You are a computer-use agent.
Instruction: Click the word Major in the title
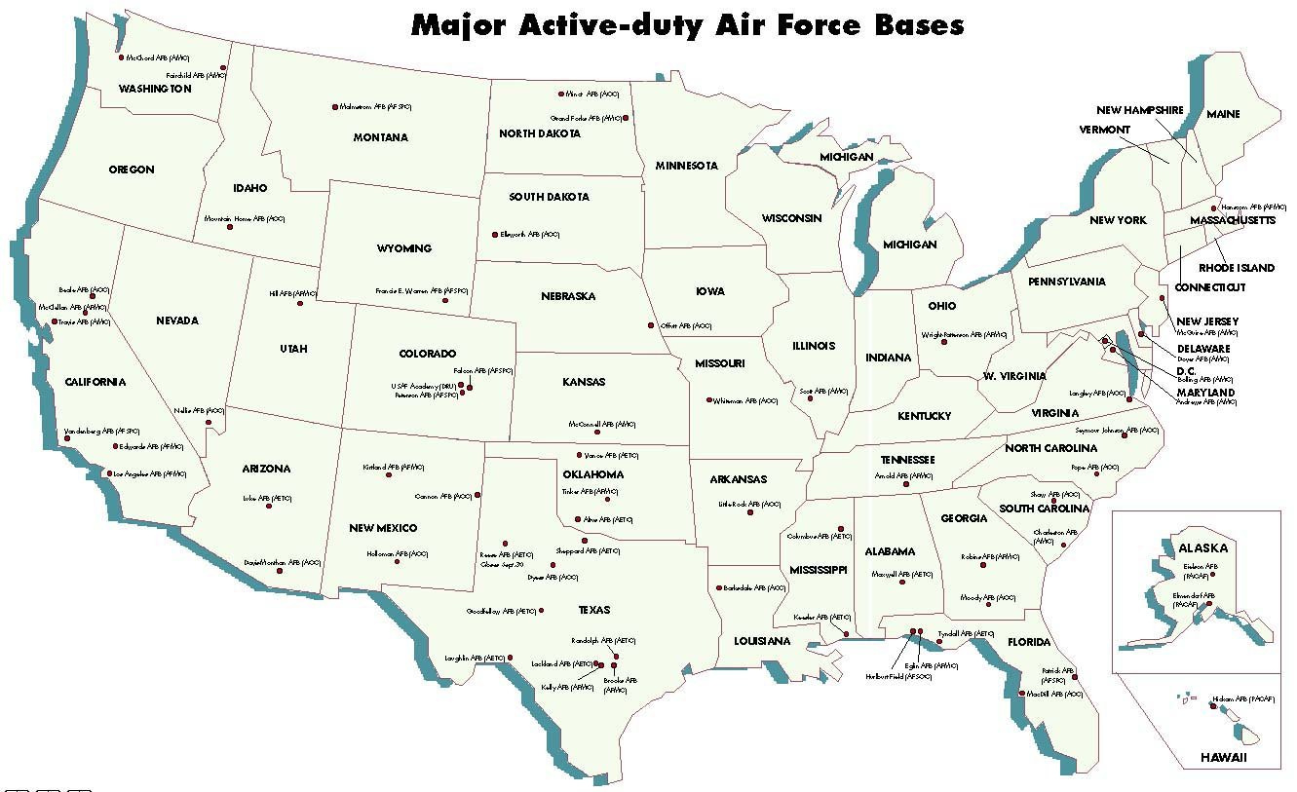[460, 23]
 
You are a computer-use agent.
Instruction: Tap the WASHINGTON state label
[155, 89]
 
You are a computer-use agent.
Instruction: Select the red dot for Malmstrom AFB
[335, 106]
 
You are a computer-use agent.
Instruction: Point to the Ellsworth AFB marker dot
[495, 235]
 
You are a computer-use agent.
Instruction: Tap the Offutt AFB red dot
[651, 325]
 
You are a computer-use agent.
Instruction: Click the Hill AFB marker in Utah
[300, 303]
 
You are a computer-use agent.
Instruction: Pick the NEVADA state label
[176, 321]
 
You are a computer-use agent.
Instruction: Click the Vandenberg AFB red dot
[67, 438]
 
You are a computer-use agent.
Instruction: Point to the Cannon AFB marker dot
[477, 495]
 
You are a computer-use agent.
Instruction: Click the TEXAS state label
[593, 610]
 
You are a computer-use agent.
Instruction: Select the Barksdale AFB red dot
[717, 587]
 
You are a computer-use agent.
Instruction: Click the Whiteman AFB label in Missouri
[745, 400]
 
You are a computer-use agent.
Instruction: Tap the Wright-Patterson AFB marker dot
[943, 341]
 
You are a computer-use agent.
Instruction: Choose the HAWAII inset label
[1222, 758]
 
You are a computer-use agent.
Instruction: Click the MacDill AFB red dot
[1021, 694]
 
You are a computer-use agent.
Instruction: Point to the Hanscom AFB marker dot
[1214, 207]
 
